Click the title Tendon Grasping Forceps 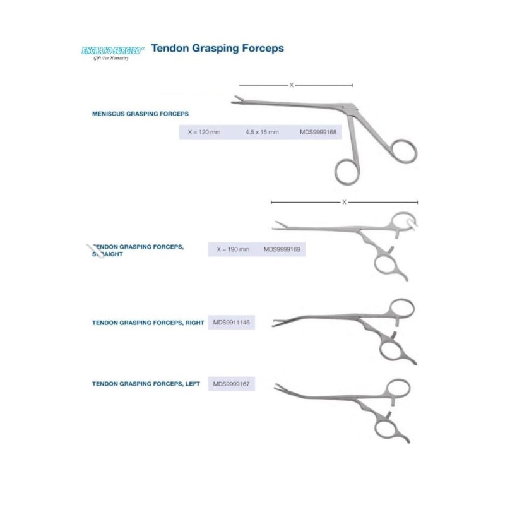coord(218,48)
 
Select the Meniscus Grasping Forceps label coord(141,114)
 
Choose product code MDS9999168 coord(319,133)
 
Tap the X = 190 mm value coord(233,249)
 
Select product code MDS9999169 coord(282,249)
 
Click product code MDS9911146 coord(232,322)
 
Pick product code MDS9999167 coord(232,383)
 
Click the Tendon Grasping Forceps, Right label coord(148,323)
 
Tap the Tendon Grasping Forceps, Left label coord(146,383)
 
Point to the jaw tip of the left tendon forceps coord(276,386)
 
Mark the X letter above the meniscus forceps coord(291,85)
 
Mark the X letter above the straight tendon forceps coord(344,203)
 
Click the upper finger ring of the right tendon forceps coord(402,309)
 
